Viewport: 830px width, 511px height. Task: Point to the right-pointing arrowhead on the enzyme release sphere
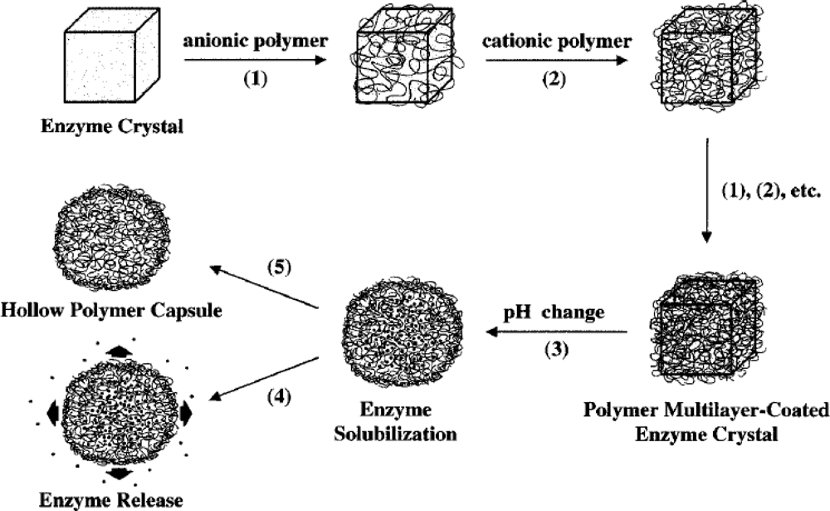186,411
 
